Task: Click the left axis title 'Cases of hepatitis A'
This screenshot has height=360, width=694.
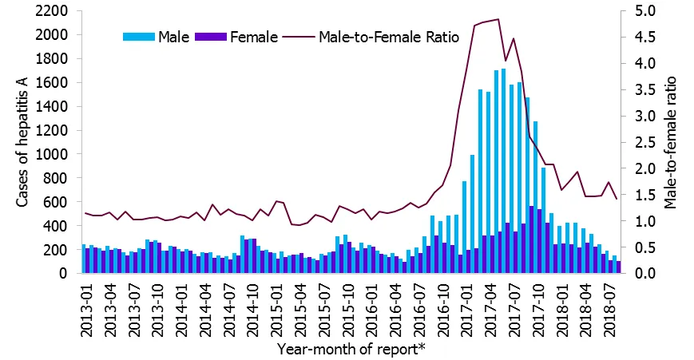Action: (23, 142)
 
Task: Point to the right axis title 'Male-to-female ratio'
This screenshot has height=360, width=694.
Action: (671, 142)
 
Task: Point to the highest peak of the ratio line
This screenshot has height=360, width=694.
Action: (498, 19)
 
